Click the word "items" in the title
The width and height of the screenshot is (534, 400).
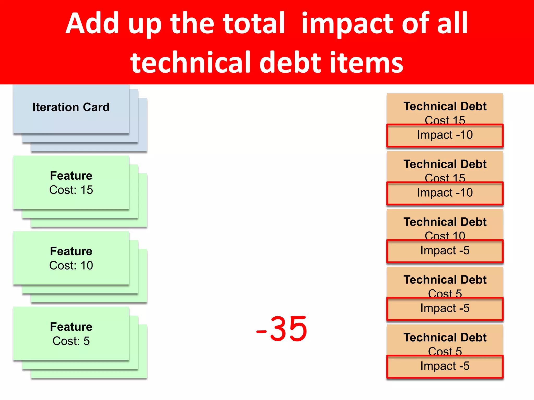(366, 63)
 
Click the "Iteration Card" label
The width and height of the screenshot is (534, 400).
(71, 107)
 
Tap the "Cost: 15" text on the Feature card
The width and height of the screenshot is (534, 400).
(71, 190)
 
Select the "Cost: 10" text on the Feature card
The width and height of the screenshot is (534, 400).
(71, 265)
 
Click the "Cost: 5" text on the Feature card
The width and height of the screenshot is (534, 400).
(71, 341)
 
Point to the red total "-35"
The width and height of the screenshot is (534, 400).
(282, 329)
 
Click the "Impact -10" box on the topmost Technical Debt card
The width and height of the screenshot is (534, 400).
(445, 135)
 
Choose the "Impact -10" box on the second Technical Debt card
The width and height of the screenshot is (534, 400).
(445, 193)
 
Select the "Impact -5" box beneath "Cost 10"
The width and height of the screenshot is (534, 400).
(445, 251)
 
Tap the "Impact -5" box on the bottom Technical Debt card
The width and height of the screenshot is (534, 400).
(445, 366)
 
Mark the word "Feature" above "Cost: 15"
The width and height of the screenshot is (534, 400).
(71, 176)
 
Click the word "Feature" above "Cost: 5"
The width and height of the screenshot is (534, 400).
(71, 327)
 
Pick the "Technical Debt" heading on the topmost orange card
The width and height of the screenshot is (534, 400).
(445, 106)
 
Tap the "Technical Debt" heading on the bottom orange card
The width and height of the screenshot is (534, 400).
(445, 337)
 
